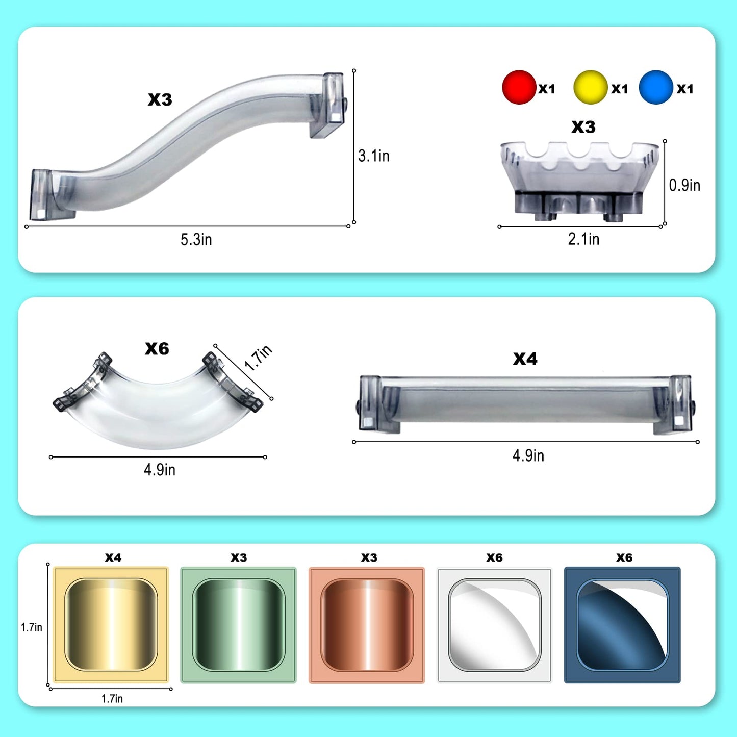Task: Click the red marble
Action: pyautogui.click(x=519, y=87)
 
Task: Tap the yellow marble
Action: pyautogui.click(x=590, y=87)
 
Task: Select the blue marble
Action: pyautogui.click(x=655, y=87)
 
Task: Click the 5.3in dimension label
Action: pyautogui.click(x=196, y=239)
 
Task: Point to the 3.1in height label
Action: pyautogui.click(x=374, y=156)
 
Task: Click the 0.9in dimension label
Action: pyautogui.click(x=684, y=185)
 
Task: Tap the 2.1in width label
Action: pyautogui.click(x=583, y=239)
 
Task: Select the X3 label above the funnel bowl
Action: pyautogui.click(x=583, y=127)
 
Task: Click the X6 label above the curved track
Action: pyautogui.click(x=157, y=348)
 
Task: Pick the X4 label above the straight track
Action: pyautogui.click(x=525, y=359)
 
